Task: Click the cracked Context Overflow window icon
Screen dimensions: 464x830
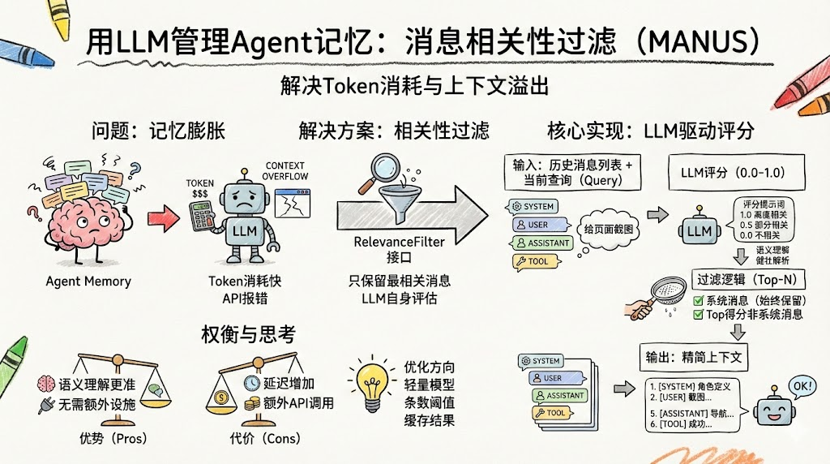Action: tap(292, 204)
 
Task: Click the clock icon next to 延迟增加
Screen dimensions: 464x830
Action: tap(250, 383)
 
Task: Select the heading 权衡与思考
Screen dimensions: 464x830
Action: tap(247, 333)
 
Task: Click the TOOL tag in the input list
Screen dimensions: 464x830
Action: tap(532, 262)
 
